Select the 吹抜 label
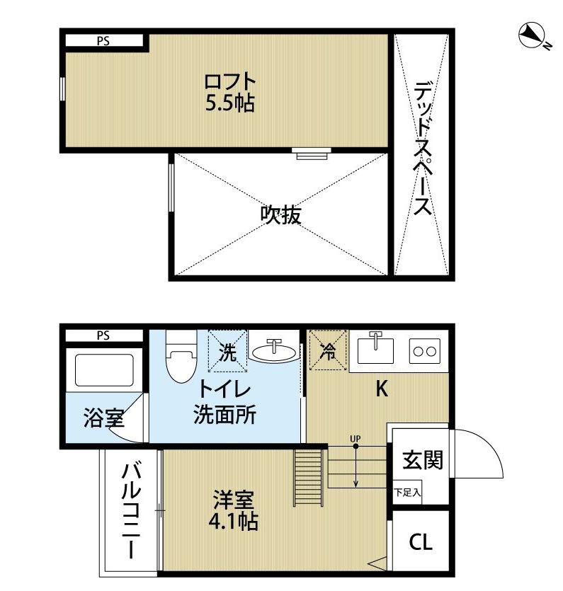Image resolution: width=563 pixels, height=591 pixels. tap(281, 214)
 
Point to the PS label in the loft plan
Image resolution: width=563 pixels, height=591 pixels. tap(103, 40)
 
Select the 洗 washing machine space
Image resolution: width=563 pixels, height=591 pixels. tap(227, 351)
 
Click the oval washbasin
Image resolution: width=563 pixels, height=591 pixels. tap(274, 352)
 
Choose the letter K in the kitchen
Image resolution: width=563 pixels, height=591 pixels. tap(381, 389)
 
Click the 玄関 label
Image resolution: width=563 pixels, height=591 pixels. tap(423, 459)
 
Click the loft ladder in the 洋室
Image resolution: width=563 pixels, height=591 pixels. tap(309, 475)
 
